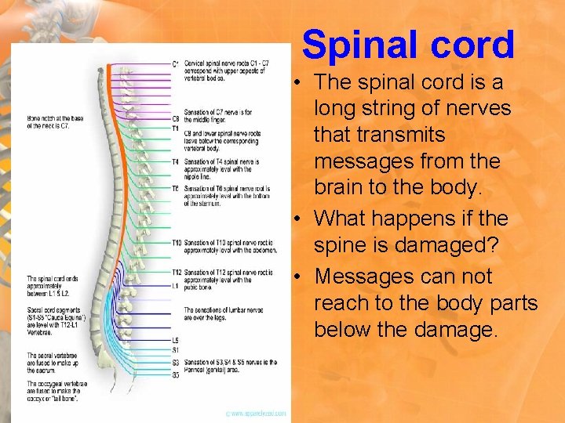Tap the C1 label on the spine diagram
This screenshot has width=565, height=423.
[176, 63]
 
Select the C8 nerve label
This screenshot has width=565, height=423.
[176, 119]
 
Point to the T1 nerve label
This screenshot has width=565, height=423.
[176, 128]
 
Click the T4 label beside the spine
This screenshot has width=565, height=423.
[176, 161]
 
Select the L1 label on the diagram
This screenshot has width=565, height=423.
[175, 287]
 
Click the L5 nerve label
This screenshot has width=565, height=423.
[175, 340]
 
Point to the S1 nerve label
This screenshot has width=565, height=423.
[175, 350]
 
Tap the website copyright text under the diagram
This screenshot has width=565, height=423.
[256, 413]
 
